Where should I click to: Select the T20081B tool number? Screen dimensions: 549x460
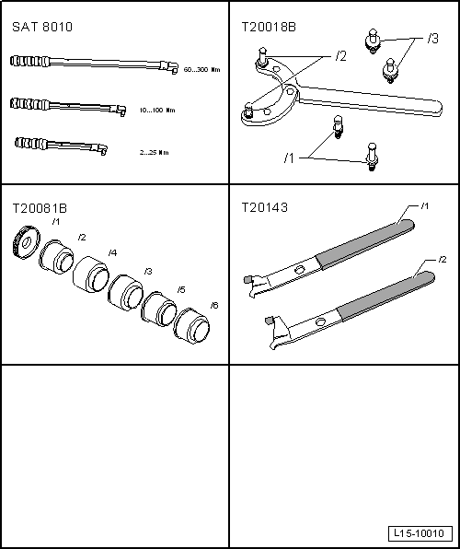tap(39, 207)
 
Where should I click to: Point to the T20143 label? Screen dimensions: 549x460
tap(263, 207)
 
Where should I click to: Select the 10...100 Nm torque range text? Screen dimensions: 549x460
tap(158, 111)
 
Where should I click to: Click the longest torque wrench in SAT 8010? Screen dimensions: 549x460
tap(92, 64)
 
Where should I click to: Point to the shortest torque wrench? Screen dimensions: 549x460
tap(60, 146)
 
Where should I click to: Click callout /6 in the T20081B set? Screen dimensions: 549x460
tap(214, 305)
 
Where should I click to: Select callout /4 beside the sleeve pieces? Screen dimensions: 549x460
tap(112, 252)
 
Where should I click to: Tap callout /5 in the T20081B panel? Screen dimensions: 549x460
tap(181, 290)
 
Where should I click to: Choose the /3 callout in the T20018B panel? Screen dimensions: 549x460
tap(433, 39)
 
